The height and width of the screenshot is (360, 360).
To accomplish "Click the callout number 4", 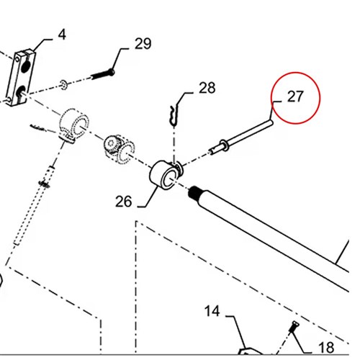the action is [62, 35].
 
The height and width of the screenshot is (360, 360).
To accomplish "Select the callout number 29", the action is [143, 44].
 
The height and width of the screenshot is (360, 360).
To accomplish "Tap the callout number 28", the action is [207, 88].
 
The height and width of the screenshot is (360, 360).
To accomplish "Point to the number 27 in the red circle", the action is [295, 96].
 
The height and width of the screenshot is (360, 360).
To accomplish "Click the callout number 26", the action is [124, 201].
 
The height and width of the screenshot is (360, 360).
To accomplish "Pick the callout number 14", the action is [212, 311].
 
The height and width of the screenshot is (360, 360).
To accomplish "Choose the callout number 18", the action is [326, 348].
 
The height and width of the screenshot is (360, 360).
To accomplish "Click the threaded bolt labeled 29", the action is [103, 74].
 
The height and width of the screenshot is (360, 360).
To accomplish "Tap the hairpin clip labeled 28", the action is [174, 116].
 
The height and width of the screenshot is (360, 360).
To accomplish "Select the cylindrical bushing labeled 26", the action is [164, 174].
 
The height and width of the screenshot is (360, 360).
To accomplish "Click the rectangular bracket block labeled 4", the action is [21, 77].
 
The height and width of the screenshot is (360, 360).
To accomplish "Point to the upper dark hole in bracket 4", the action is [26, 67].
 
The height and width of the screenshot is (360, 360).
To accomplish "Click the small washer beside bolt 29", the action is [63, 85].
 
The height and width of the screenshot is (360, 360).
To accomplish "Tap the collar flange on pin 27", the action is [223, 145].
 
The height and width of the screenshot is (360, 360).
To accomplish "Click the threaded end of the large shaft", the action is [194, 193].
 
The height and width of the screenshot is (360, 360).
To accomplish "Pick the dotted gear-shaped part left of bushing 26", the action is [120, 149].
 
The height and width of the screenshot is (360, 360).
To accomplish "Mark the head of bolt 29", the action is [111, 72].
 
